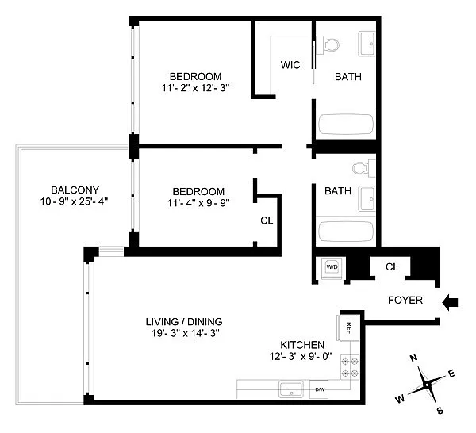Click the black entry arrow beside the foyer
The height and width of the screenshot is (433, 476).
coord(450,302)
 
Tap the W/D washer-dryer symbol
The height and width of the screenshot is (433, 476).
coord(332,267)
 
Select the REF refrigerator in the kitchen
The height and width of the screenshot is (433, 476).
coord(348,328)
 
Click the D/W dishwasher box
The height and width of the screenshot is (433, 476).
coord(319,389)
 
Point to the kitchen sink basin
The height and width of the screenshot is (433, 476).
coord(291,389)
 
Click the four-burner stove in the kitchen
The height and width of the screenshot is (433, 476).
coord(350,366)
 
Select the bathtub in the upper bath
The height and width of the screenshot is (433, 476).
coord(346,124)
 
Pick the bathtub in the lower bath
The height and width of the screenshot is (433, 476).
coord(346,232)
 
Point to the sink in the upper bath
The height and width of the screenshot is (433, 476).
coord(367,44)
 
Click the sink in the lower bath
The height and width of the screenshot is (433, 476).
coord(367,199)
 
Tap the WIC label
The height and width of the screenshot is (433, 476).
coord(290,65)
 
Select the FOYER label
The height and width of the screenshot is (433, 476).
coord(405,300)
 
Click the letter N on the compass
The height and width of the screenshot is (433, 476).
coord(413,358)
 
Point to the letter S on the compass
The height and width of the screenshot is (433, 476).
coord(440,411)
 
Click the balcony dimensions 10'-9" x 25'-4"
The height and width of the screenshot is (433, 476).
coord(75,201)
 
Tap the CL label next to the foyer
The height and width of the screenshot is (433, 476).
coord(392,267)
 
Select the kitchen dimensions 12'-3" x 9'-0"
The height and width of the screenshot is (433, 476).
coord(301,356)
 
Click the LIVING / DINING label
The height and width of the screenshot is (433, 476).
coord(184,322)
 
